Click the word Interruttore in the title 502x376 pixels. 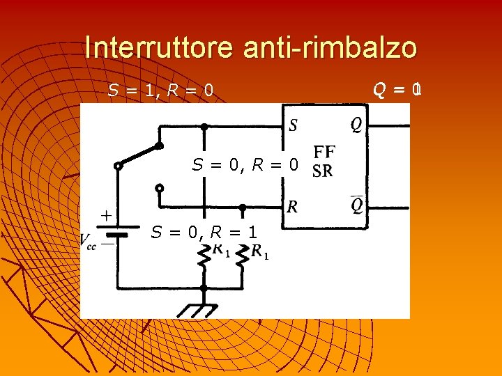(x=160, y=48)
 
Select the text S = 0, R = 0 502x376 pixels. (x=245, y=165)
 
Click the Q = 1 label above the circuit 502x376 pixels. (x=397, y=89)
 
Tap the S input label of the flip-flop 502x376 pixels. (x=293, y=126)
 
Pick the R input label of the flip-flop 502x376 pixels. (x=293, y=206)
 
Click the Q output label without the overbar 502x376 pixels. (x=356, y=125)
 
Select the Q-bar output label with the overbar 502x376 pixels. (x=356, y=205)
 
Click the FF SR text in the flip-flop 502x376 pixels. (x=323, y=162)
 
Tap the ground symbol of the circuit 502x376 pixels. (x=204, y=307)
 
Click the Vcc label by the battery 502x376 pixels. (x=89, y=241)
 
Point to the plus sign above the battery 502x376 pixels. (x=107, y=216)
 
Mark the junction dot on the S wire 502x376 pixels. (x=204, y=127)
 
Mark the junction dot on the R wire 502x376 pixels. (x=243, y=207)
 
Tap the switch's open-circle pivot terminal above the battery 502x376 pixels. (x=118, y=166)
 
